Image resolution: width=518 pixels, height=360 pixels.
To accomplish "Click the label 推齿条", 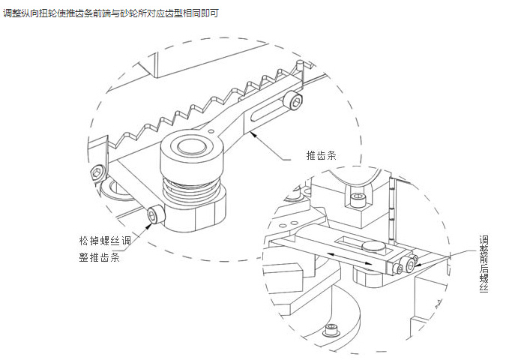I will [x=322, y=156].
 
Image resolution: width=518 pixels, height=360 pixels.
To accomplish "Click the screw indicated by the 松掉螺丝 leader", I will [x=154, y=214].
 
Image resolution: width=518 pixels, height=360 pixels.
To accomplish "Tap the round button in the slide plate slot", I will [x=373, y=245].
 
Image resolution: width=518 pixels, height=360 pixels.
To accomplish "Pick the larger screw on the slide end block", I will [x=411, y=262].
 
